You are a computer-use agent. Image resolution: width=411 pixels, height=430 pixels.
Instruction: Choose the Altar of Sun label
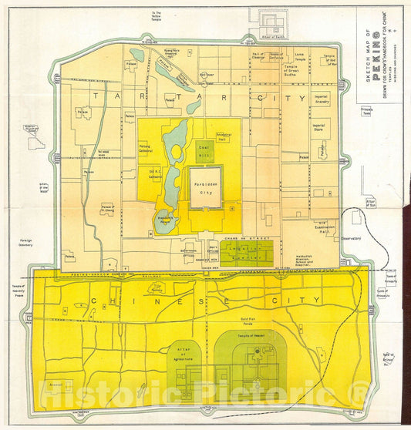click(370, 203)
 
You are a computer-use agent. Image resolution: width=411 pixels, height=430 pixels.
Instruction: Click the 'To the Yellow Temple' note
click(157, 15)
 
